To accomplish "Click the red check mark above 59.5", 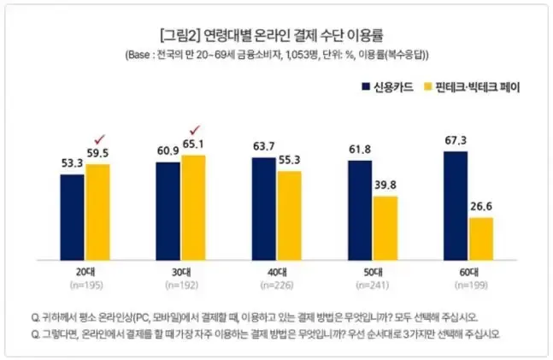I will pos(98,139).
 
